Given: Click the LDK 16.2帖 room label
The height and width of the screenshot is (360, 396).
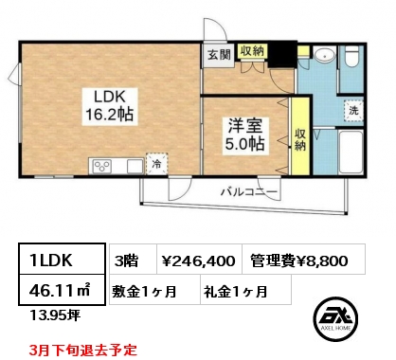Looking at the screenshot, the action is (x=110, y=106).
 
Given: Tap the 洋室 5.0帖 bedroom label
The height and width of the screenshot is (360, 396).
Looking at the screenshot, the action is (x=244, y=135).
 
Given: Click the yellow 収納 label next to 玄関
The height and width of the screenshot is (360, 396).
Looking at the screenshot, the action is (x=252, y=50).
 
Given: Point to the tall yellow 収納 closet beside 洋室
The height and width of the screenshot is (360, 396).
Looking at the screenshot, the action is (x=300, y=135).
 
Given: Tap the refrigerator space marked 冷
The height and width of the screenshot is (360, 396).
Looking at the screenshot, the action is (x=156, y=163).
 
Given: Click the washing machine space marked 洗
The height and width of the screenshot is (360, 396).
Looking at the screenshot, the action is (x=353, y=110).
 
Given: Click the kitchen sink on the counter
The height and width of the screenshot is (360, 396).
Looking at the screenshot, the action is (x=135, y=166).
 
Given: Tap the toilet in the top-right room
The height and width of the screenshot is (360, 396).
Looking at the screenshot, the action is (x=351, y=56).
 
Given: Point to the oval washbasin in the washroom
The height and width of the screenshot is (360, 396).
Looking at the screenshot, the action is (x=325, y=54).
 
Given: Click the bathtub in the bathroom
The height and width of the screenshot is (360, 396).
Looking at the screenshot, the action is (x=351, y=153).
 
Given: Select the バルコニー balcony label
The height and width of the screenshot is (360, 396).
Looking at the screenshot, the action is (x=249, y=191).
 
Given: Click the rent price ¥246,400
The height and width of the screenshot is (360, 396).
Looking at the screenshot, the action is (x=198, y=261).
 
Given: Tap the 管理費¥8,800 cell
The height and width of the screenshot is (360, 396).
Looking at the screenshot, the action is (x=299, y=261).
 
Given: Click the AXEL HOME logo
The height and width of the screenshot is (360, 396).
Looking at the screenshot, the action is (x=335, y=319).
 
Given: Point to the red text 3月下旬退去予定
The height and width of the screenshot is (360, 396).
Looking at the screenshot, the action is (x=82, y=350).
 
